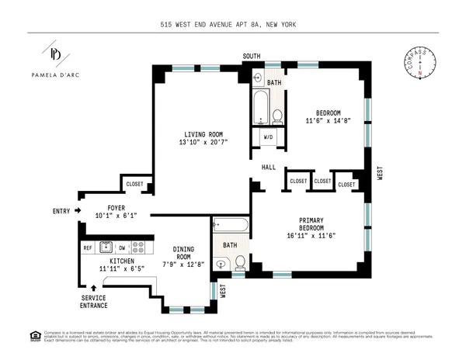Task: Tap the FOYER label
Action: click(116, 208)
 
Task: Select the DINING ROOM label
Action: click(183, 252)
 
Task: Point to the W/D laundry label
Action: click(268, 138)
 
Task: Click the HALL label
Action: click(269, 167)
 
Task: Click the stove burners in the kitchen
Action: click(139, 248)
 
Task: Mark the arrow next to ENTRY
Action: click(78, 210)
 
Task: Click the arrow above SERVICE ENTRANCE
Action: click(94, 288)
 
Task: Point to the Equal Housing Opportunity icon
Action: click(34, 336)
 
